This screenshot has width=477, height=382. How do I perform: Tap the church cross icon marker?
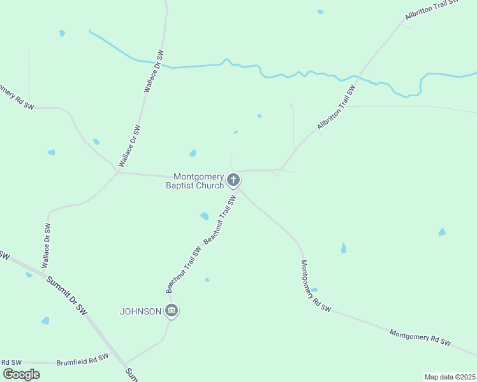point(234,180)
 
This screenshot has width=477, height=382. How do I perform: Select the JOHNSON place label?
point(141,311)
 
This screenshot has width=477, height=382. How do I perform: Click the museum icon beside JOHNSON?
point(171,311)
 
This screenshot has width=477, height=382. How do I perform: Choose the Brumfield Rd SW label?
point(82,360)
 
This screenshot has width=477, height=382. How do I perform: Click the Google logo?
point(21,374)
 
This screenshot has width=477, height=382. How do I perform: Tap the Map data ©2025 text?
point(449,377)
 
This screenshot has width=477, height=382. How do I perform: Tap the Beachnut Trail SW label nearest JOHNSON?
point(184,269)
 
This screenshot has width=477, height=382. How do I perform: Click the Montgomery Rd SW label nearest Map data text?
point(420,337)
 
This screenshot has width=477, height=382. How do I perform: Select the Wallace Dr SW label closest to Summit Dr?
point(46,245)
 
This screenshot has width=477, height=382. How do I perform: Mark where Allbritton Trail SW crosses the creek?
point(358,78)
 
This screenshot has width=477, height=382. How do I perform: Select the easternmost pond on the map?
point(442,232)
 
